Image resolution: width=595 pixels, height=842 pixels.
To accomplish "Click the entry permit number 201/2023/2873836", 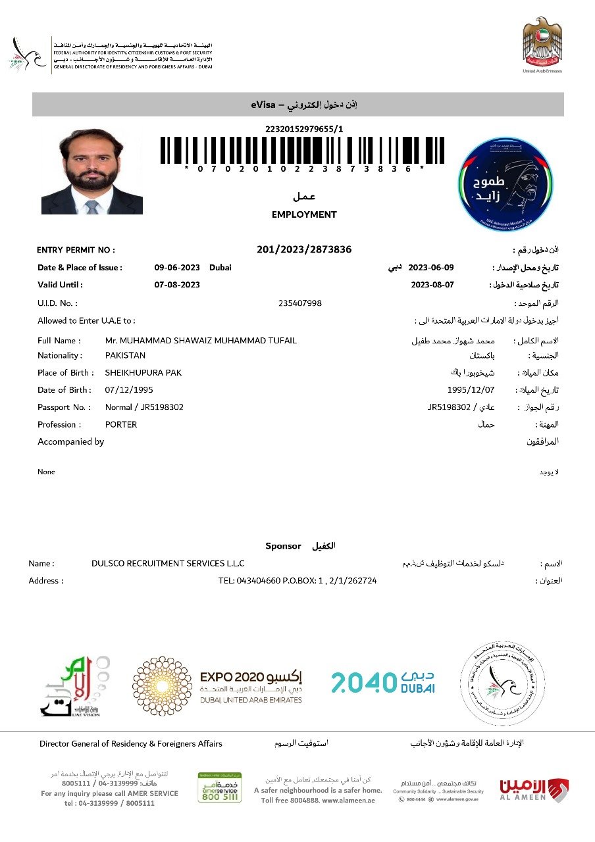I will [304, 249].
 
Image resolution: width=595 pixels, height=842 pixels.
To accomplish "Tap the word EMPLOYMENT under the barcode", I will [304, 214].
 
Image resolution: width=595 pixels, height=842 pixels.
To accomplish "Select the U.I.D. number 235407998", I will [300, 303].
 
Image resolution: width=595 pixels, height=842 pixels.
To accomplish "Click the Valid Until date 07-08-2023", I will [177, 285].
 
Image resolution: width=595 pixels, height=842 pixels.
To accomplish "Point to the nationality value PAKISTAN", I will [125, 355].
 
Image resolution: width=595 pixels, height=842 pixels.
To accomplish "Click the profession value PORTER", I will [121, 424].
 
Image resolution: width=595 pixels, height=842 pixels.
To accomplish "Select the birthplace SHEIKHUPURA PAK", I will [143, 373].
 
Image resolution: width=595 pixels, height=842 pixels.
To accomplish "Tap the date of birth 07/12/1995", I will [129, 390].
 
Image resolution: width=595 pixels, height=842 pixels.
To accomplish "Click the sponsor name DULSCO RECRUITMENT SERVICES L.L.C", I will [168, 564].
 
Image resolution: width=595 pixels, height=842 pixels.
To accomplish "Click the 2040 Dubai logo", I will [382, 681].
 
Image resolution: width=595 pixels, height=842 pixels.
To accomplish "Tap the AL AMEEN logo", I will [534, 789].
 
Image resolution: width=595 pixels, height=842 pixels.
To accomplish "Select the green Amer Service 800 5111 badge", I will [219, 787].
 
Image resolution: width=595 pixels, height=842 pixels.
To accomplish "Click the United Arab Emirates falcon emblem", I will [542, 42].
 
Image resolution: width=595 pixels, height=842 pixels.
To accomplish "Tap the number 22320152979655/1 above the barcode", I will [304, 129].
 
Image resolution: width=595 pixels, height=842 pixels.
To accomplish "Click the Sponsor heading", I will [283, 546].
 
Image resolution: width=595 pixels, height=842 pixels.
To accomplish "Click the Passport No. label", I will [63, 407].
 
